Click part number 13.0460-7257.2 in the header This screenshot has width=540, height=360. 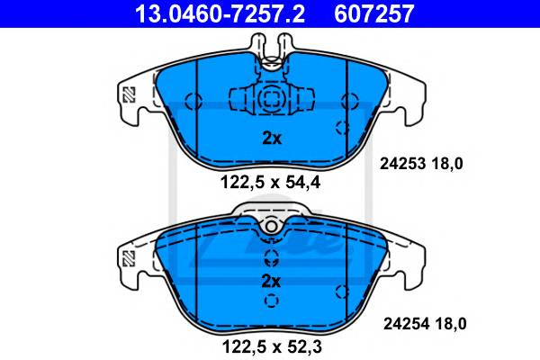pos(220,13)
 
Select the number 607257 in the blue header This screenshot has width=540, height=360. pos(374,13)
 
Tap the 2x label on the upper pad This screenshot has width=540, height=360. pos(272,139)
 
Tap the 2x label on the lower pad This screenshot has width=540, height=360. pos(271,282)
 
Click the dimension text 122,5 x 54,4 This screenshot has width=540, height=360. pos(270,183)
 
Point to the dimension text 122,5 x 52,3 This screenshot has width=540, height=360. pos(272,346)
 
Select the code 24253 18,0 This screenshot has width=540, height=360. pos(421,164)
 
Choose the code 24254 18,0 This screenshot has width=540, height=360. pos(425,324)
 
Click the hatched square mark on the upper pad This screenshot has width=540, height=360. pos(129,94)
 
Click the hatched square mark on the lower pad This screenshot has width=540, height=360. pos(129,258)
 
